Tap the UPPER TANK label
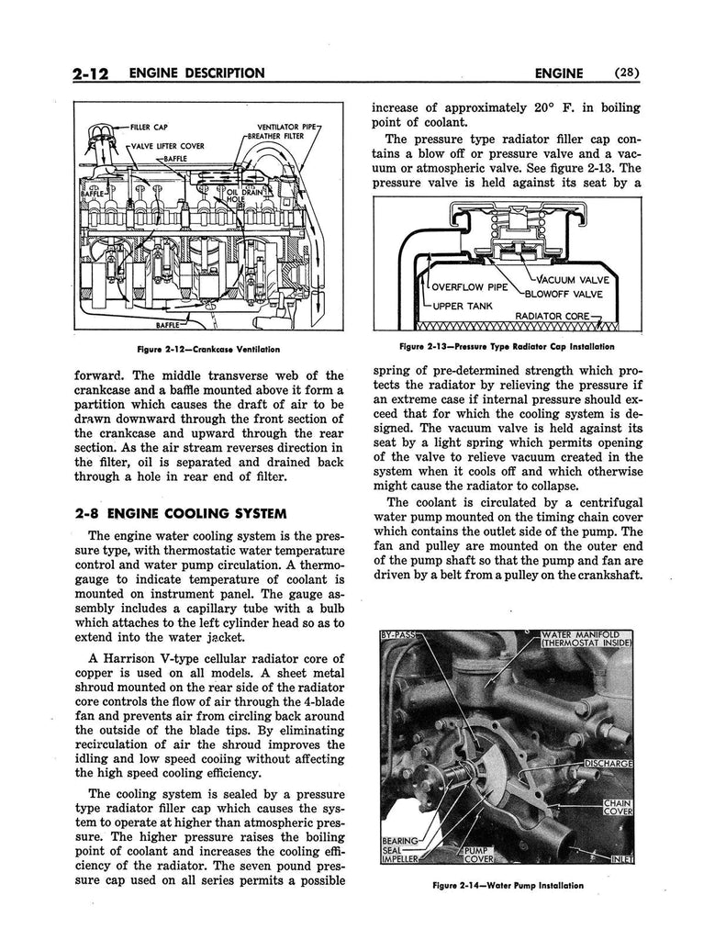pyautogui.click(x=463, y=306)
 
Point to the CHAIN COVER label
pyautogui.click(x=618, y=808)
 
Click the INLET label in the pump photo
pyautogui.click(x=623, y=860)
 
